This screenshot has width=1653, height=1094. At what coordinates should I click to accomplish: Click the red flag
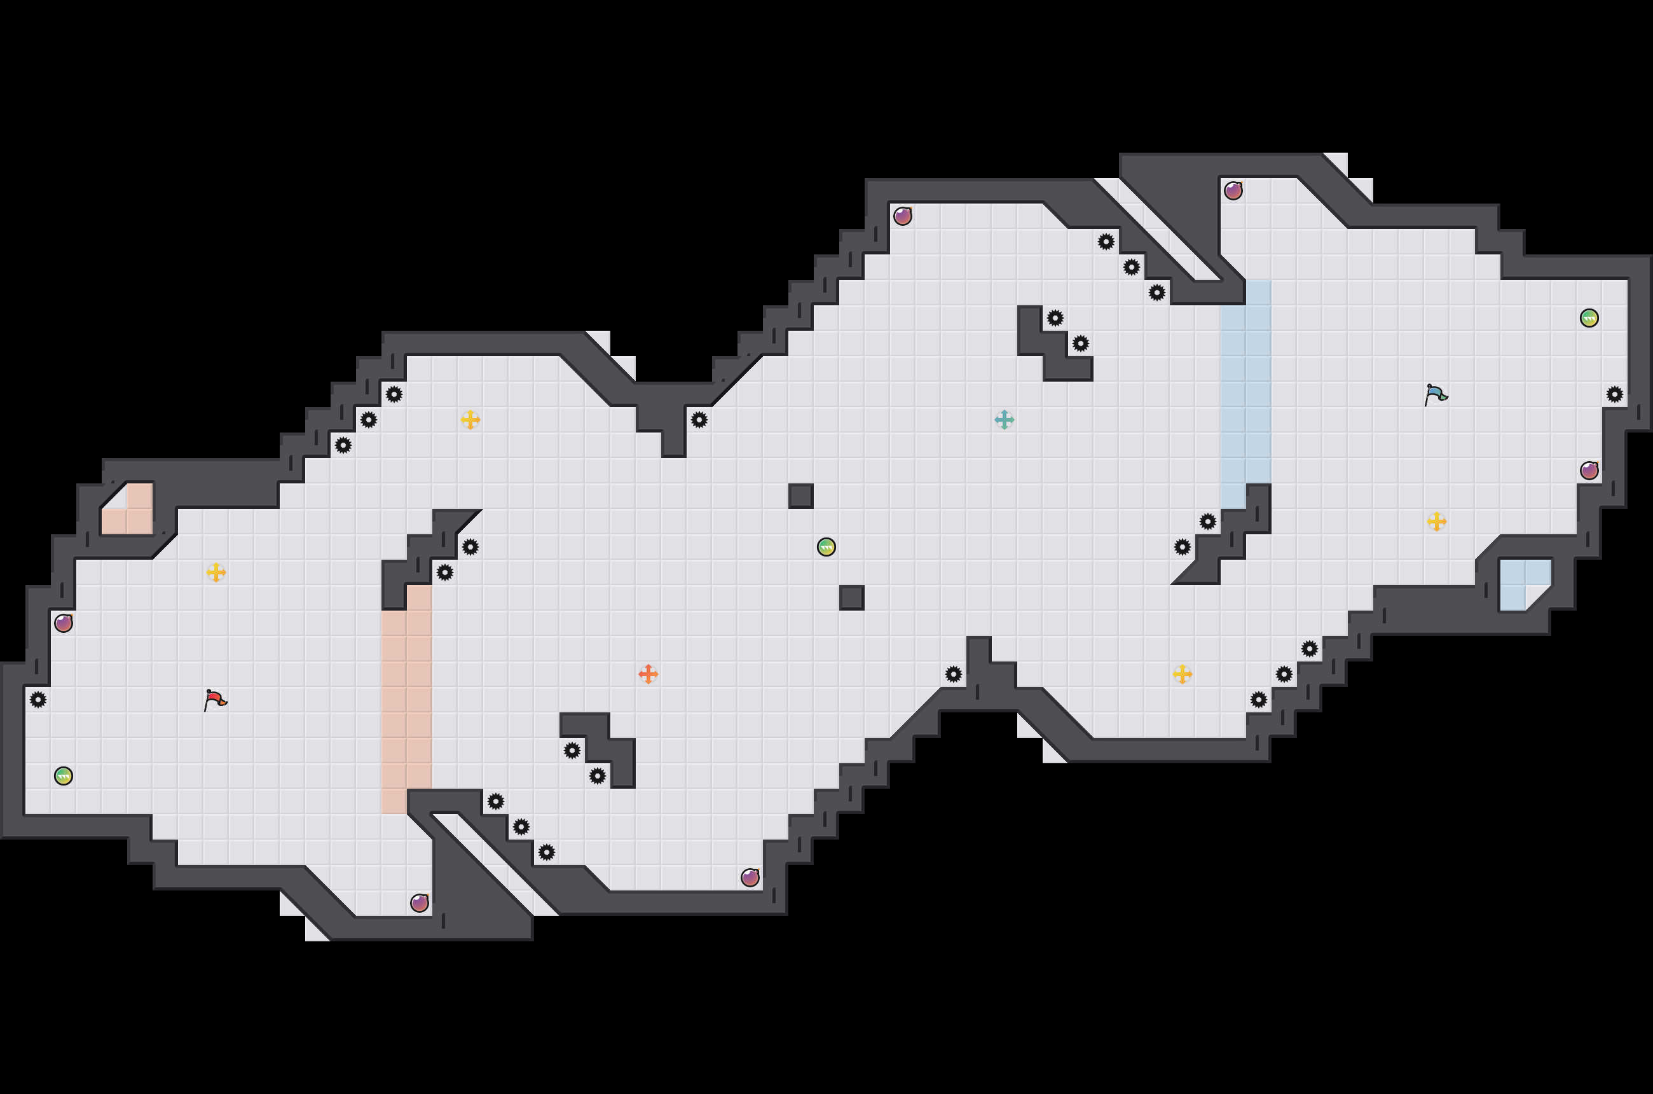pyautogui.click(x=215, y=699)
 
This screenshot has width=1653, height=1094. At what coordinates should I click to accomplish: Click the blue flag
pyautogui.click(x=1436, y=395)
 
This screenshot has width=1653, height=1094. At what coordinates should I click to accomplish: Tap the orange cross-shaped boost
pyautogui.click(x=648, y=674)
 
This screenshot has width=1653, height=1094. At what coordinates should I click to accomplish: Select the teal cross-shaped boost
pyautogui.click(x=1004, y=419)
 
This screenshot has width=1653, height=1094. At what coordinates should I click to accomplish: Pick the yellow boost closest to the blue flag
pyautogui.click(x=1436, y=521)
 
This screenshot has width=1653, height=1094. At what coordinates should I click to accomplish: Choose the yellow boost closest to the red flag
pyautogui.click(x=216, y=572)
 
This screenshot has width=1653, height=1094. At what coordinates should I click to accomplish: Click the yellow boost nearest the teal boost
pyautogui.click(x=1182, y=674)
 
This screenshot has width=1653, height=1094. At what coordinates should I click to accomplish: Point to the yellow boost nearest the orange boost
pyautogui.click(x=470, y=419)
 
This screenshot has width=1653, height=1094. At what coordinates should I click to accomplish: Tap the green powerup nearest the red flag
pyautogui.click(x=64, y=776)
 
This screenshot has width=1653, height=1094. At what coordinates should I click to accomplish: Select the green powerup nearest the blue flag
pyautogui.click(x=1589, y=318)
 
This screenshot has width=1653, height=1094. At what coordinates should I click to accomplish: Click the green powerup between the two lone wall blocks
pyautogui.click(x=826, y=547)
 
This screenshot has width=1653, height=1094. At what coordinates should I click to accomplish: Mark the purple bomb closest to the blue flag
pyautogui.click(x=1589, y=470)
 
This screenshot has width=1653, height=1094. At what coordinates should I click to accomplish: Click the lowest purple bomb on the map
pyautogui.click(x=419, y=903)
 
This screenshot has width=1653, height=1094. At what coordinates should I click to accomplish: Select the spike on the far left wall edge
pyautogui.click(x=38, y=699)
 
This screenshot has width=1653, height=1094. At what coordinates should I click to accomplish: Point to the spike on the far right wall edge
pyautogui.click(x=1614, y=394)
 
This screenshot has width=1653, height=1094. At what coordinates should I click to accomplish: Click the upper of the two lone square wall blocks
pyautogui.click(x=800, y=496)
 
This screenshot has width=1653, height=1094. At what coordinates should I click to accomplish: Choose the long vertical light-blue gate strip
pyautogui.click(x=1245, y=394)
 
